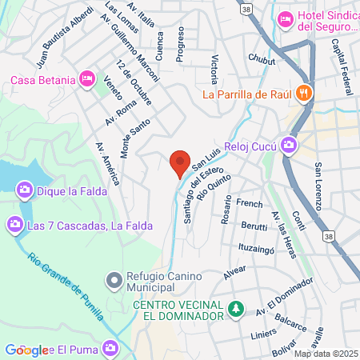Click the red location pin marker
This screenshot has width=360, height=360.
[x=180, y=162]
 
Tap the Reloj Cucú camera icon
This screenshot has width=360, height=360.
[x=288, y=146]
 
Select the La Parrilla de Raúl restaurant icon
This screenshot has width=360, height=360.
[x=302, y=94]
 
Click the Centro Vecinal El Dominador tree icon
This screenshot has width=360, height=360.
[x=234, y=308]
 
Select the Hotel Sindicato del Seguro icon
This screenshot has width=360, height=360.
[x=283, y=18]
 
